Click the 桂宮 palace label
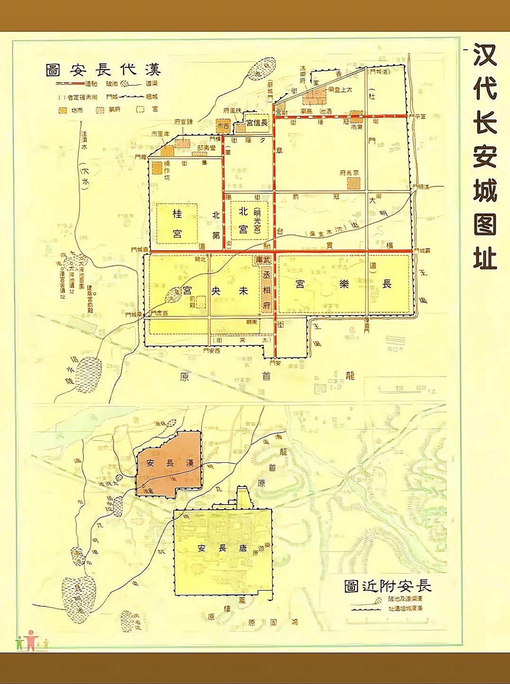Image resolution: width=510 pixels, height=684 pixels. click(x=177, y=224)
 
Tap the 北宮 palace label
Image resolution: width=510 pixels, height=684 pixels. click(x=243, y=220)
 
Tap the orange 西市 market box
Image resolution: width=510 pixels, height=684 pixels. click(x=223, y=126)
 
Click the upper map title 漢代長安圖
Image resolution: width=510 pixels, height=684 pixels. click(x=103, y=70)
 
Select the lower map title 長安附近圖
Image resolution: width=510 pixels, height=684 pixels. click(x=387, y=586)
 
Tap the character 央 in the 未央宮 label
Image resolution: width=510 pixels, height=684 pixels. click(x=216, y=290)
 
